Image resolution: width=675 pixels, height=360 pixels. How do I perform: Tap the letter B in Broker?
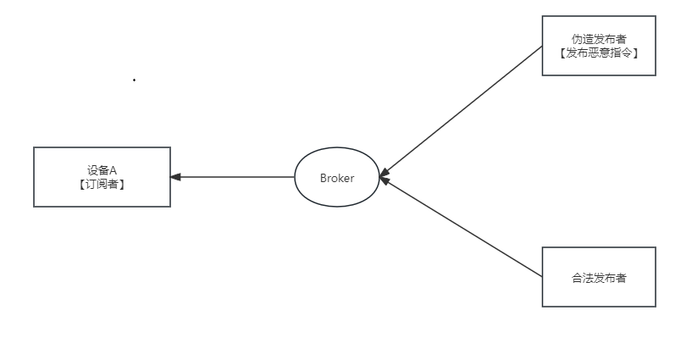pyautogui.click(x=324, y=178)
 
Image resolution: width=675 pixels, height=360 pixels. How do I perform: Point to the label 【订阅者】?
pyautogui.click(x=102, y=184)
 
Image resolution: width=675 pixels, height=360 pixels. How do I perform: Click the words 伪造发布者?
pyautogui.click(x=599, y=39)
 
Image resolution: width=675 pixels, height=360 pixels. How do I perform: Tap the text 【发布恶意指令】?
pyautogui.click(x=599, y=53)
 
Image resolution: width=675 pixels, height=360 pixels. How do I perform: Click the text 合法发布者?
pyautogui.click(x=599, y=277)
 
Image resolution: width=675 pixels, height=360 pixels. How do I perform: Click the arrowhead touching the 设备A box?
pyautogui.click(x=175, y=177)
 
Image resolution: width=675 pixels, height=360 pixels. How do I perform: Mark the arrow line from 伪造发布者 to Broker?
pyautogui.click(x=462, y=111)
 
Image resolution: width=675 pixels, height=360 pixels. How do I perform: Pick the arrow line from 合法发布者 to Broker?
pyautogui.click(x=462, y=227)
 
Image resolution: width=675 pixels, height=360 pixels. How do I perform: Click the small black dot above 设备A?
pyautogui.click(x=134, y=80)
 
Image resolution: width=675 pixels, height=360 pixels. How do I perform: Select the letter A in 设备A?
pyautogui.click(x=113, y=170)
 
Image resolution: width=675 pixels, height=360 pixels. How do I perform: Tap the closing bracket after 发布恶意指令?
pyautogui.click(x=634, y=53)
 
